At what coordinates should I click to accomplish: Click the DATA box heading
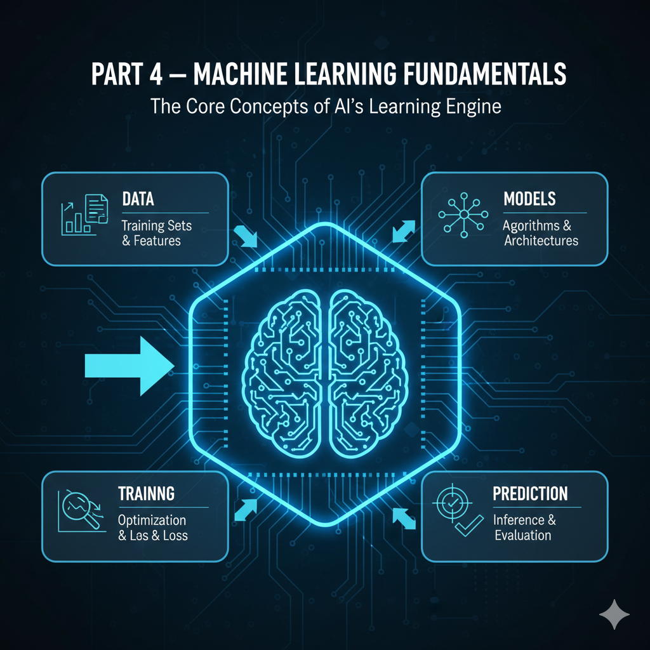tap(138, 199)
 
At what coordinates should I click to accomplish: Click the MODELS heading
tap(529, 199)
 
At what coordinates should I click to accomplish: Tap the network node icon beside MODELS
tap(464, 215)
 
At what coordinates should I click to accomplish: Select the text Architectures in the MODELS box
tap(540, 241)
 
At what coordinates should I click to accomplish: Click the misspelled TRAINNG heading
tap(147, 493)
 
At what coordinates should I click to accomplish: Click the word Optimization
tap(152, 521)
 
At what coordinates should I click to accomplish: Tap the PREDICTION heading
tap(530, 493)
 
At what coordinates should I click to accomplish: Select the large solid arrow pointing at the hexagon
tap(129, 366)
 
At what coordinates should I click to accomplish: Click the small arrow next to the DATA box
tap(245, 237)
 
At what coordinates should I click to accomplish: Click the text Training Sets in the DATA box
tap(156, 225)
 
